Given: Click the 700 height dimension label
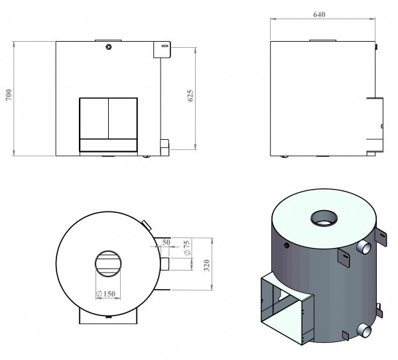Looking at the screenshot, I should click(x=9, y=98).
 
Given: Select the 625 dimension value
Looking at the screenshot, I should click(x=190, y=96).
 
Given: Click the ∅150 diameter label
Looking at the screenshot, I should click(x=106, y=293).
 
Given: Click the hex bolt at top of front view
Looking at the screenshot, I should click(x=108, y=46).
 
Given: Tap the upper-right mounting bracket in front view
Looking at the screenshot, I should click(x=163, y=50).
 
